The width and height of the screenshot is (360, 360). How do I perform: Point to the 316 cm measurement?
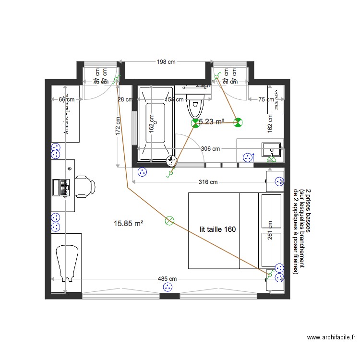point(207,182)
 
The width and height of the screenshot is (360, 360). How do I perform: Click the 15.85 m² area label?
point(129,223)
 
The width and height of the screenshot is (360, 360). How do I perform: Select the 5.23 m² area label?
point(212,122)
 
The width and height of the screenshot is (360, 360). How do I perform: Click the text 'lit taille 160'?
point(218,229)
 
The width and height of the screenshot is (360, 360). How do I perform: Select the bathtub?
point(155,123)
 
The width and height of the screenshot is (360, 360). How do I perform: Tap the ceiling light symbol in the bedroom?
point(169,221)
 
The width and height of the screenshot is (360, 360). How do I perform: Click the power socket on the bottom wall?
point(168,287)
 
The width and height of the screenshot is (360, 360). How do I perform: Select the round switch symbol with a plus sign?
point(171,162)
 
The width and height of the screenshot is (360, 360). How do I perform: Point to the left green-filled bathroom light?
point(195,123)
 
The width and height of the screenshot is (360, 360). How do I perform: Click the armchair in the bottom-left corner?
point(66,262)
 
